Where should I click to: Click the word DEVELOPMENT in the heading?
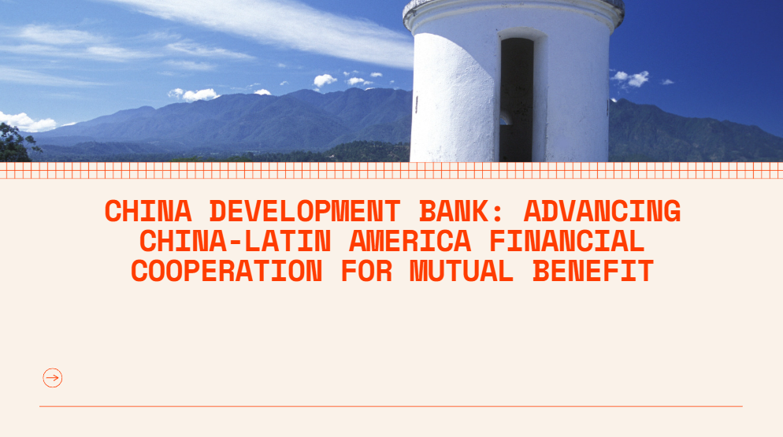click(x=305, y=211)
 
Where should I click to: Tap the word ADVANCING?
click(x=602, y=211)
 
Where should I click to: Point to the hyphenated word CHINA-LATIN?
click(x=235, y=241)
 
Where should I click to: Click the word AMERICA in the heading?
click(x=410, y=241)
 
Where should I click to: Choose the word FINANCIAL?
click(x=567, y=241)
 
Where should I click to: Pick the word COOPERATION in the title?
click(x=226, y=271)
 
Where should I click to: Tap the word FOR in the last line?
click(x=366, y=271)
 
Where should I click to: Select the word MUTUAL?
click(x=462, y=271)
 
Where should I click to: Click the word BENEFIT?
click(x=592, y=271)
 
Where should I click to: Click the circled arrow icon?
click(x=53, y=378)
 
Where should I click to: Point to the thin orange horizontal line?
click(x=391, y=406)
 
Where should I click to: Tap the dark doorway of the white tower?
click(x=516, y=100)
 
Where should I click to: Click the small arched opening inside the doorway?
click(x=505, y=118)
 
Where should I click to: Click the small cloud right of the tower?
click(x=630, y=78)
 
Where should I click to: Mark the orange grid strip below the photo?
click(x=391, y=170)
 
